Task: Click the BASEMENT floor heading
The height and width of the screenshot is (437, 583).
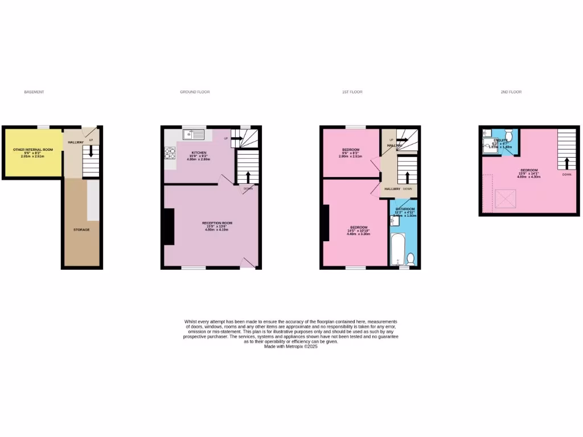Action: [34, 92]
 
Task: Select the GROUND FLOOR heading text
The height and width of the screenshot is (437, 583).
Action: [195, 92]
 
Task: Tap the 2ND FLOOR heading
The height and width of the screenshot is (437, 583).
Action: [511, 92]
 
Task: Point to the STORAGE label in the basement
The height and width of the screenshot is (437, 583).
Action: [81, 229]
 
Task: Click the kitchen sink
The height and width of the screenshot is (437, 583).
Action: [194, 135]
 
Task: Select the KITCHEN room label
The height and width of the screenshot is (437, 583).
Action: [199, 152]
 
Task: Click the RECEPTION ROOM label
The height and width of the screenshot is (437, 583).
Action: [217, 222]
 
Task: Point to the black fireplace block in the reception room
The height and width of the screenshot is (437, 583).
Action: [169, 226]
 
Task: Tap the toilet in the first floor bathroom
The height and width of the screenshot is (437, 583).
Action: [411, 259]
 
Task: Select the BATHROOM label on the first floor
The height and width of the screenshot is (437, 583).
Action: [405, 209]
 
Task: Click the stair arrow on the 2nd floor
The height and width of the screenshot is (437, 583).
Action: [566, 163]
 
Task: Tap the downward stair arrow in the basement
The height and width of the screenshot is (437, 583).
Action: [90, 152]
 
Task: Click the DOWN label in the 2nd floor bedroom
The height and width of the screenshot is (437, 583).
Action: [566, 175]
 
